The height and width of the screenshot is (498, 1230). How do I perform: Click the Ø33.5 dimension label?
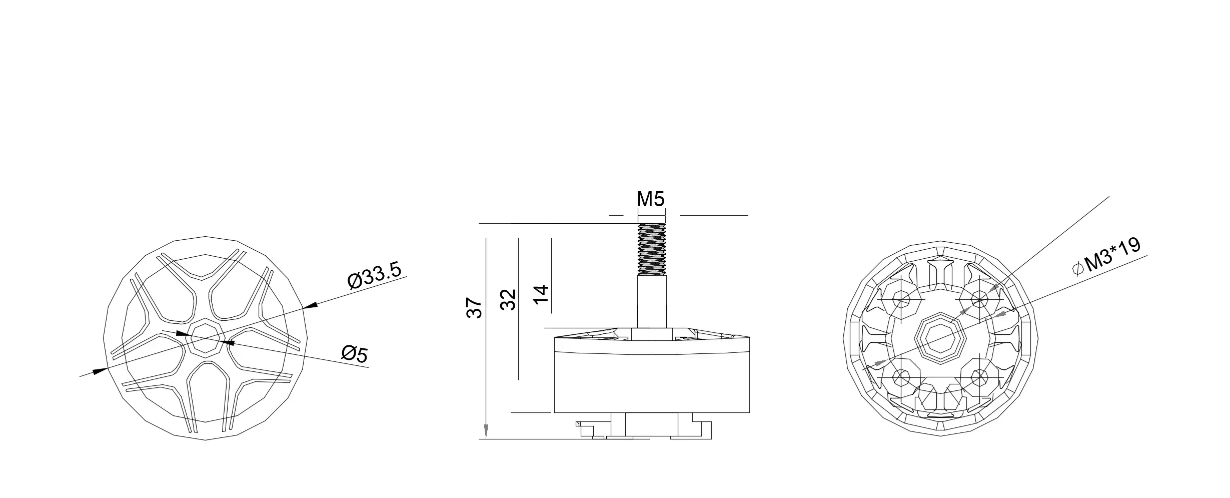tap(375, 275)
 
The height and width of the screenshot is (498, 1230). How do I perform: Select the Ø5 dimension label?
tap(354, 354)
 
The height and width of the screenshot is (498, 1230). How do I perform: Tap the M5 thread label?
tap(650, 200)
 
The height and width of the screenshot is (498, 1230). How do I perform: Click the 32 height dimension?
tap(508, 299)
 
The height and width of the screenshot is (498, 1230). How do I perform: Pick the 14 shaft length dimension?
tap(541, 294)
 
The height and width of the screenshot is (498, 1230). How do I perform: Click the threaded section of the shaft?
tap(652, 249)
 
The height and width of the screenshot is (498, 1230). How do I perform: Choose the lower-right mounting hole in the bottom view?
tap(978, 376)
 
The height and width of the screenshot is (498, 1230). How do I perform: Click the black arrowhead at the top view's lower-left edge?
tap(100, 370)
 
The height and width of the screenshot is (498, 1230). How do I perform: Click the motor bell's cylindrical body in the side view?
tap(651, 380)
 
